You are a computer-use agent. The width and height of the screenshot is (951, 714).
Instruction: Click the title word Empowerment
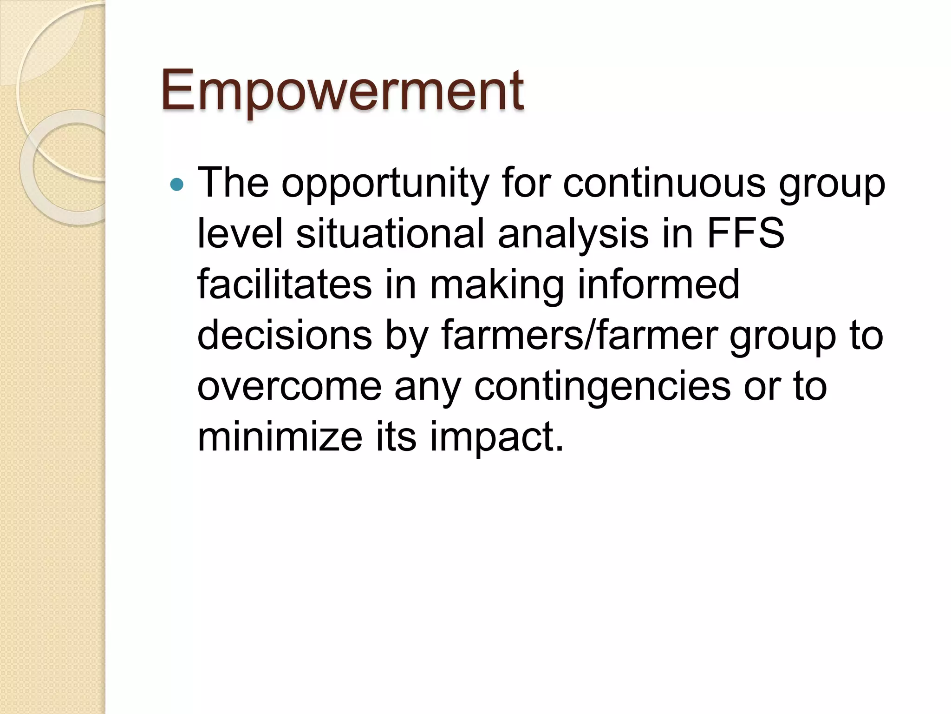[x=342, y=91]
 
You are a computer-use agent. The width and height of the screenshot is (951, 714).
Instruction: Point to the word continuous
[x=664, y=182]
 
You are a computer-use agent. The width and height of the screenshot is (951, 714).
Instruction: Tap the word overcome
[x=289, y=387]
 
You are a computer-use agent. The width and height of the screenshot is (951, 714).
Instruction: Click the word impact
[x=496, y=438]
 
